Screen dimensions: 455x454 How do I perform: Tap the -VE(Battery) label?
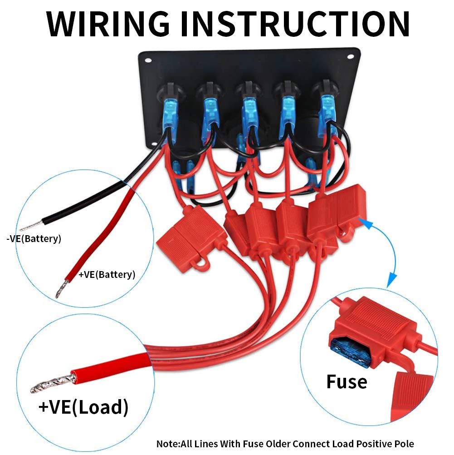[34, 239]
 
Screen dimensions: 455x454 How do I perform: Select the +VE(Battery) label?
[107, 275]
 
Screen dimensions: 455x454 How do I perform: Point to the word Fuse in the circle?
[347, 381]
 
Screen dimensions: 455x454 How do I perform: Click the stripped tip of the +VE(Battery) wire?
[61, 290]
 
